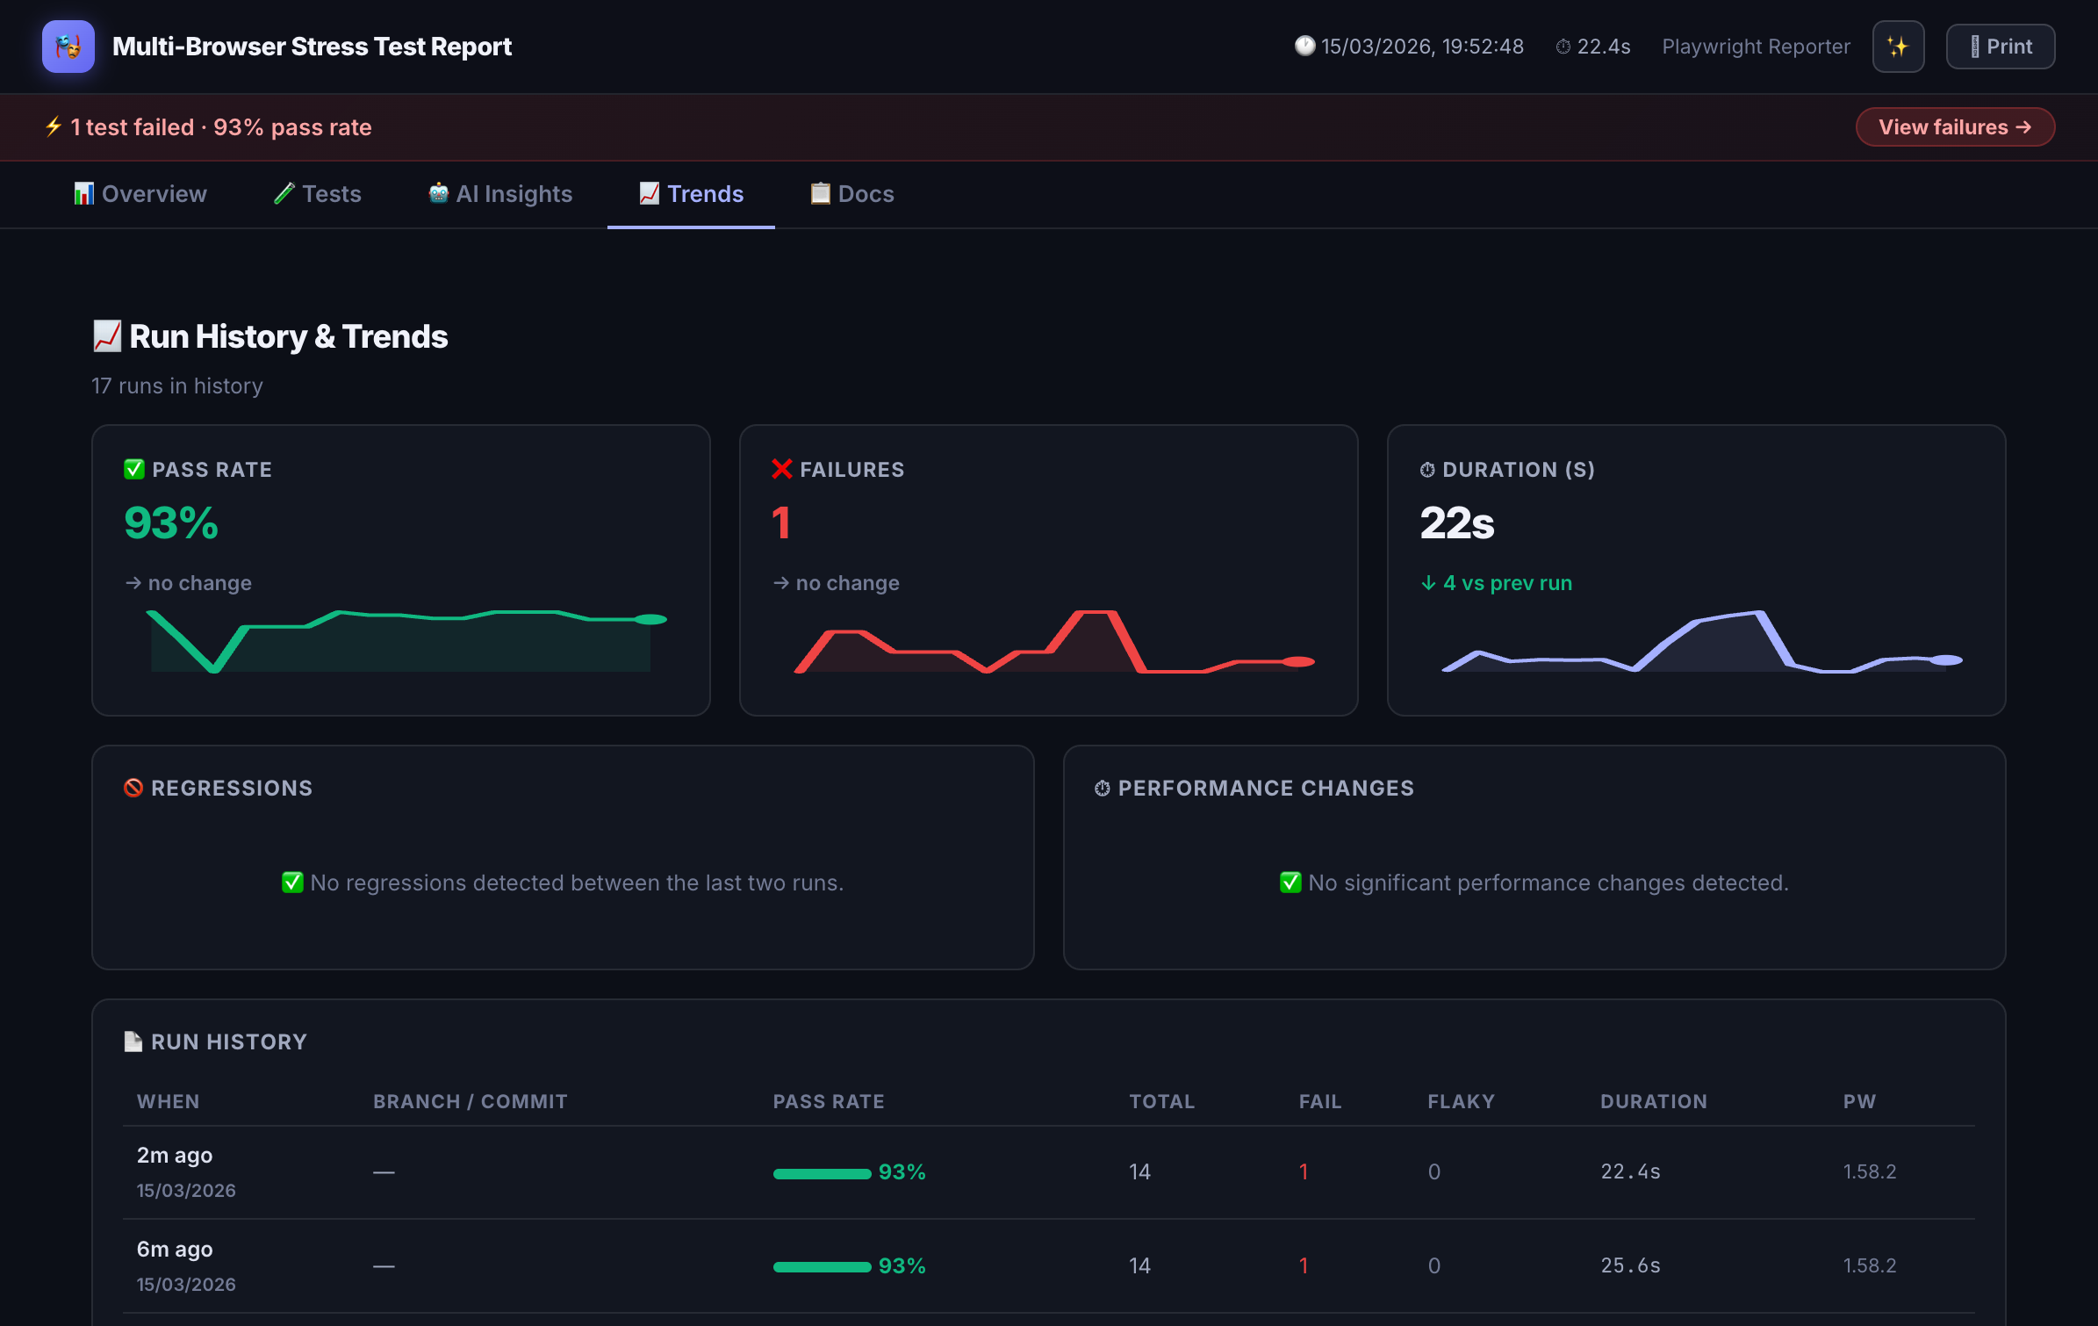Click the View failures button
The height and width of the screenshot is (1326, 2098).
point(1954,127)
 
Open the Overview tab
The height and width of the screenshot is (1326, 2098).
point(140,194)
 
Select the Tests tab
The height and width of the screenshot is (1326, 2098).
point(318,194)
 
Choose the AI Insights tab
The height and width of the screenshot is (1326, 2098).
point(500,194)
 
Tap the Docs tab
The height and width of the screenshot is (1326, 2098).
point(851,194)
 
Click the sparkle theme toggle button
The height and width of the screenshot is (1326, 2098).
point(1898,47)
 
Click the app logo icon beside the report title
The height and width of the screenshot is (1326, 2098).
point(68,47)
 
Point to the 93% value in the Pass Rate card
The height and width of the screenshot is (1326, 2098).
point(171,523)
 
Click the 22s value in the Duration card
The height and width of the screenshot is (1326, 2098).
point(1457,523)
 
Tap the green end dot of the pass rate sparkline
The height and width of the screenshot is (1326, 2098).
point(650,619)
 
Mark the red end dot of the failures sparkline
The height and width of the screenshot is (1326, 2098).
point(1298,661)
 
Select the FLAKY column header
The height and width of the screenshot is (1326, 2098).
point(1461,1101)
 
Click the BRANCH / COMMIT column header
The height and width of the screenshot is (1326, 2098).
point(471,1101)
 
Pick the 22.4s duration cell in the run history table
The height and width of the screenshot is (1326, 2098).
point(1630,1171)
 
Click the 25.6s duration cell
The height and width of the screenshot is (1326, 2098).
point(1630,1265)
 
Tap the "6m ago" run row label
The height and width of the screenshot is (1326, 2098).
point(175,1249)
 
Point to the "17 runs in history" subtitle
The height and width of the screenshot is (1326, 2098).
point(177,386)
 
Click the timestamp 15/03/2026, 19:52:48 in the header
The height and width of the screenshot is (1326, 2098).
point(1422,47)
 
